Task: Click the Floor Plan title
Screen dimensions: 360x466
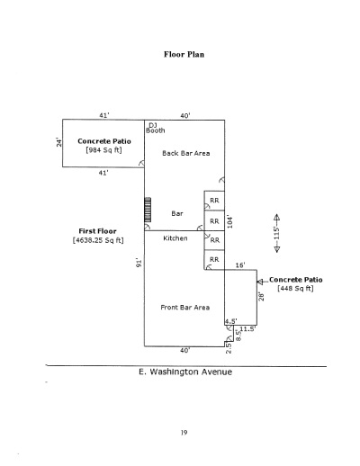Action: coord(184,54)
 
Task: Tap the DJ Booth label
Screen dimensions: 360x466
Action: coord(155,128)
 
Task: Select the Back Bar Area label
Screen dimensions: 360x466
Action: coord(186,153)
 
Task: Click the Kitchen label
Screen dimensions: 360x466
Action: coord(175,238)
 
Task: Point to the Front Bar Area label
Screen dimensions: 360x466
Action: coord(185,308)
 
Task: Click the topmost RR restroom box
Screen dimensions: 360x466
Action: coord(214,201)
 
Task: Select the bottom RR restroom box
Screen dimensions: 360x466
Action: coord(214,260)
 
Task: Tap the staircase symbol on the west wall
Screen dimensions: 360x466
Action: coord(148,210)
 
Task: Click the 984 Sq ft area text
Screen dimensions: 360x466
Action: coord(103,150)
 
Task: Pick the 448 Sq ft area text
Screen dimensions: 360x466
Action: coord(295,289)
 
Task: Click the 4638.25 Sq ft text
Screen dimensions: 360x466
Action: coord(98,240)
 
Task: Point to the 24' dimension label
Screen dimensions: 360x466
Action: coord(59,142)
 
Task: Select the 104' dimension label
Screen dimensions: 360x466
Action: coord(229,221)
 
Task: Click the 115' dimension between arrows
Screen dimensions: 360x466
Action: coord(276,233)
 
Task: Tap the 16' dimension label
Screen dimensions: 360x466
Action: coord(240,265)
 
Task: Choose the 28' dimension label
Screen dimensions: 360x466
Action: coord(262,297)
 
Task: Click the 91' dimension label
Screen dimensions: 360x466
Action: coord(139,263)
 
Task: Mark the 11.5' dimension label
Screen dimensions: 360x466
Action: coord(247,329)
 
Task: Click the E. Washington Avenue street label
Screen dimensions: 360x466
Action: coord(185,372)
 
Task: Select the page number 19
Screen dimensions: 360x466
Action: coord(184,433)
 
